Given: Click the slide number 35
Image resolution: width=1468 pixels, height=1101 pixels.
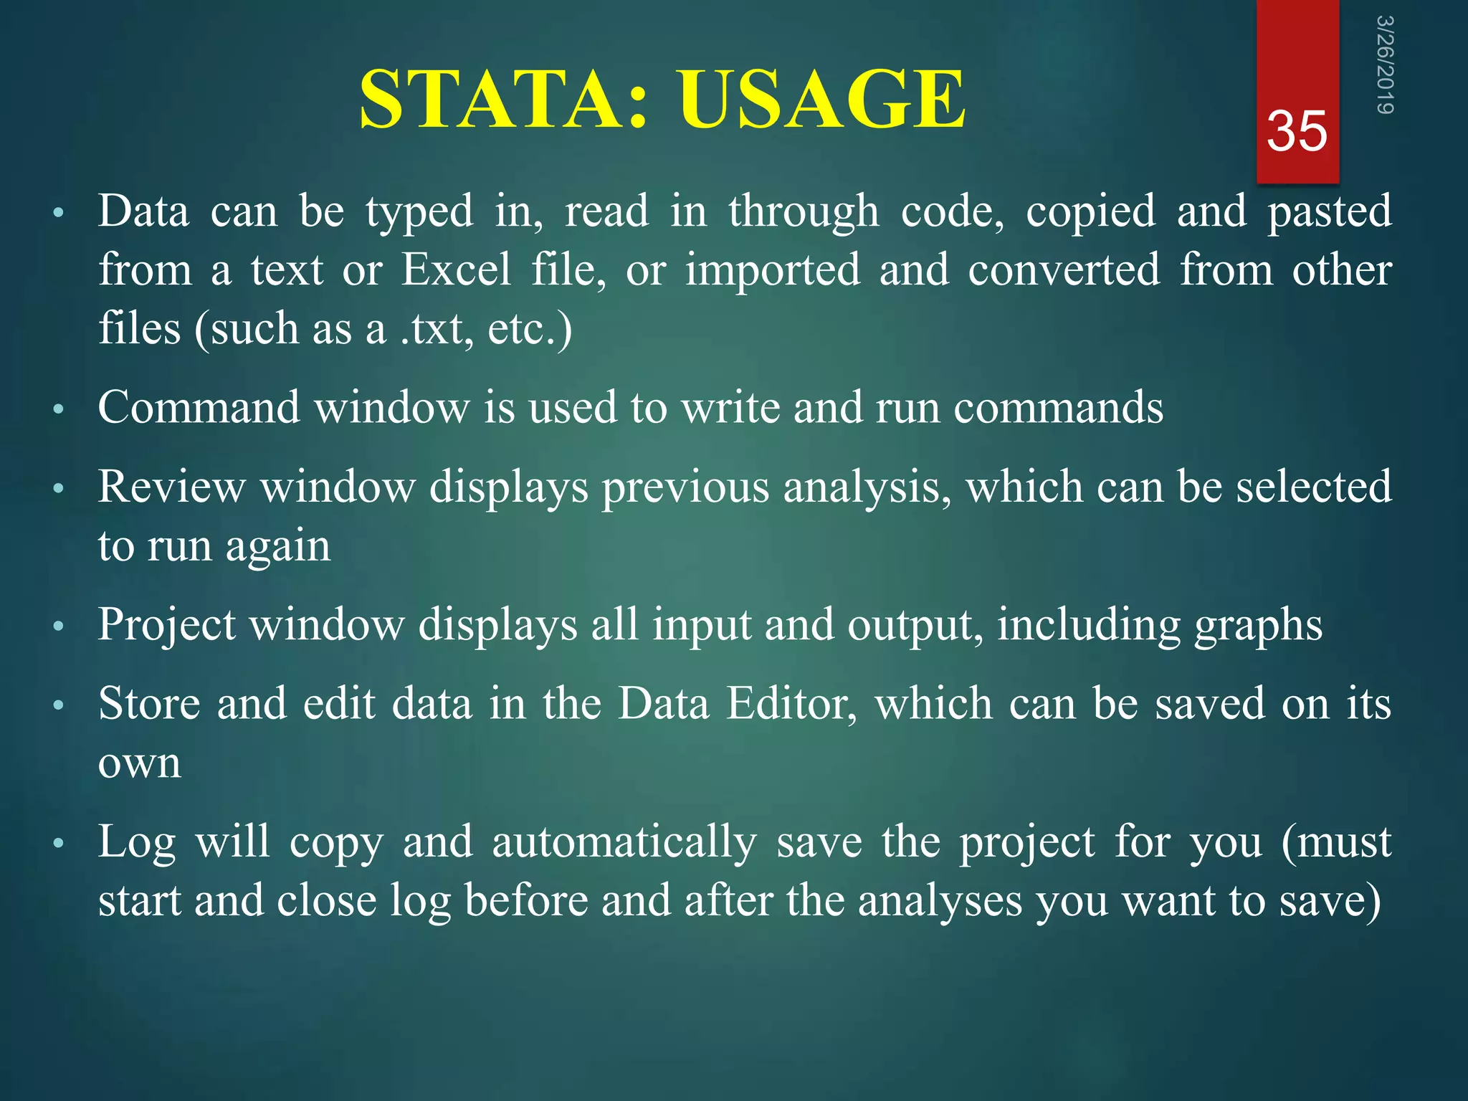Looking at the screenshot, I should [x=1297, y=132].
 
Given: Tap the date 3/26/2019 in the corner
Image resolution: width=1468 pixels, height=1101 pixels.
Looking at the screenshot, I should [x=1384, y=65].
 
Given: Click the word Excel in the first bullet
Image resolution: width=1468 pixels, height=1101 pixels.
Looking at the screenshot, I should [x=456, y=270].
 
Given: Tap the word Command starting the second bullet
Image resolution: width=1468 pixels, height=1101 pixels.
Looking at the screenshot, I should [x=198, y=408].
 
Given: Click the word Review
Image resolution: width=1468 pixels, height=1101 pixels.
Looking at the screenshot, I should [x=171, y=487].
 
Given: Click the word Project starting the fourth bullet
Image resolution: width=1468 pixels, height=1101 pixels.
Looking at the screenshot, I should [x=166, y=625].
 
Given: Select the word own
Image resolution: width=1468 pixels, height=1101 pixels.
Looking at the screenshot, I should [x=140, y=763].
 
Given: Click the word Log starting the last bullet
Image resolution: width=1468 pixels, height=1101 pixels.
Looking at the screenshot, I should [x=137, y=843].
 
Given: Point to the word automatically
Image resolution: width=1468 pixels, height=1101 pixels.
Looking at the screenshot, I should [x=624, y=843].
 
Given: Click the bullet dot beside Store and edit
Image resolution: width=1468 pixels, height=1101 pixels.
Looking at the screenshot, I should [x=59, y=705].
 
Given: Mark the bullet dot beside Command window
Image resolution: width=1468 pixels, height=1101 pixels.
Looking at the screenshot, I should [x=59, y=410].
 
